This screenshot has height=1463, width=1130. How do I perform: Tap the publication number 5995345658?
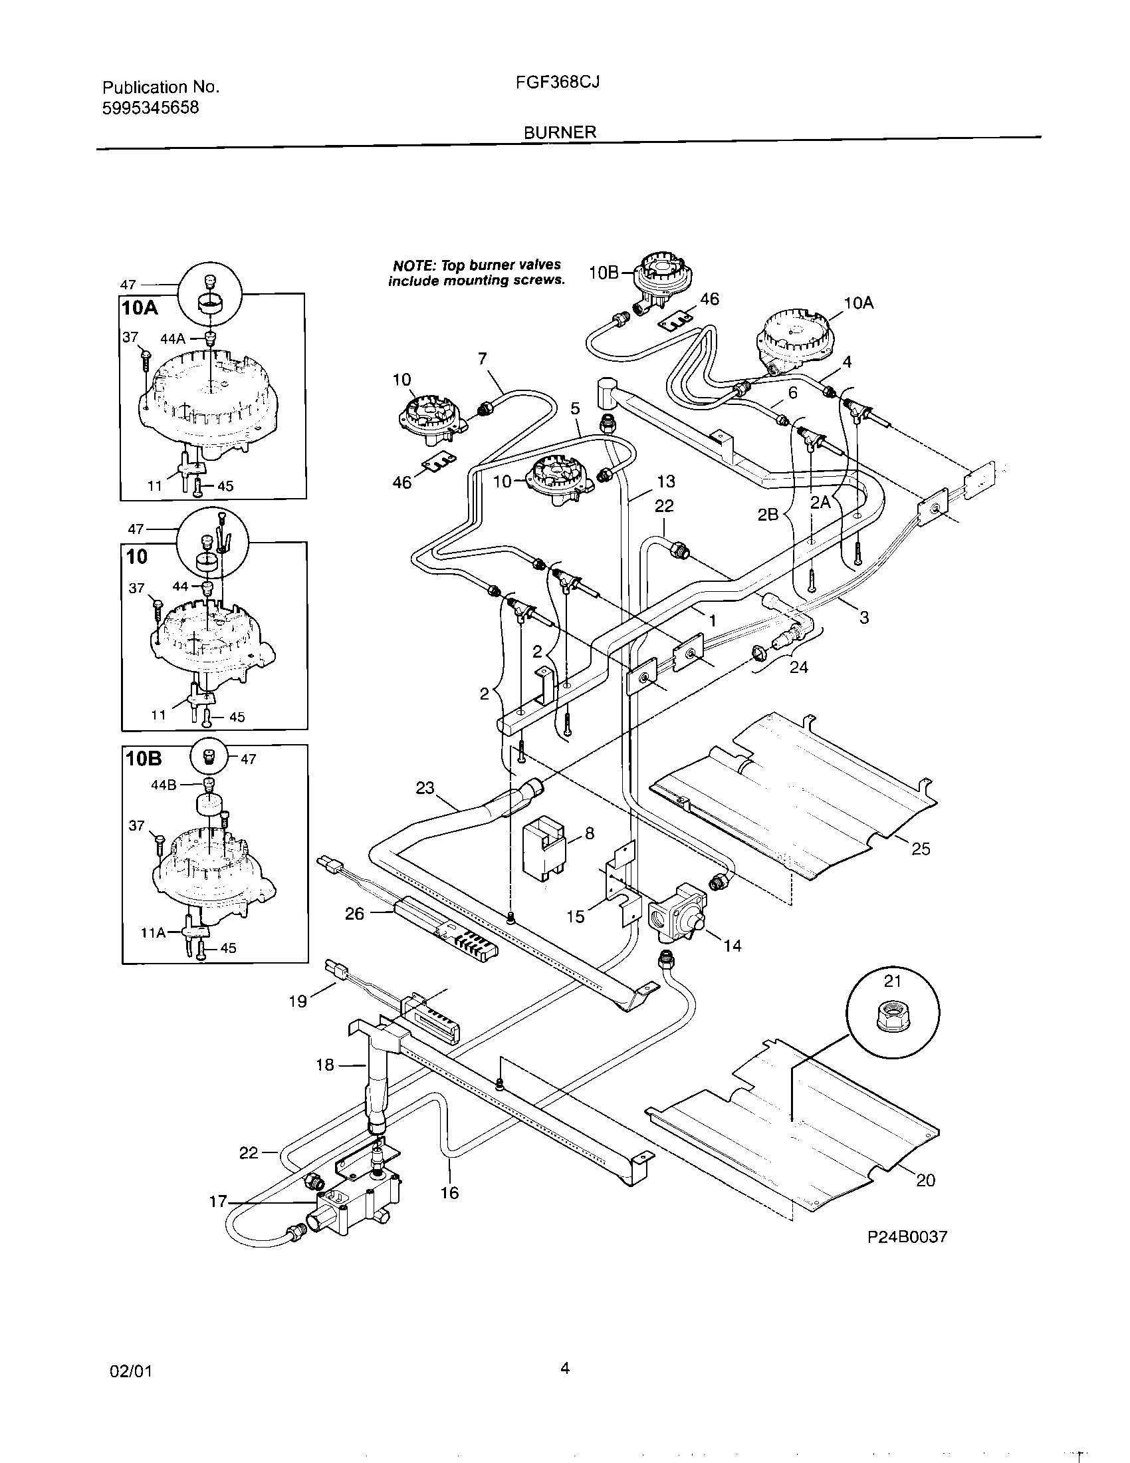[151, 108]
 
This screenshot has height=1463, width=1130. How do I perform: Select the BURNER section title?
[560, 132]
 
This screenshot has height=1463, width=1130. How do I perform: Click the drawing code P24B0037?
[907, 1238]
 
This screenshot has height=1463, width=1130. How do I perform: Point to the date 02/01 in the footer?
[130, 1371]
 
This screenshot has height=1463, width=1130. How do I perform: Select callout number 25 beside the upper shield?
[921, 849]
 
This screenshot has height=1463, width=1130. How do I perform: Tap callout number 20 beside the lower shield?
[925, 1180]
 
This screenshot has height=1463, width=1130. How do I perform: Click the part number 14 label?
[733, 946]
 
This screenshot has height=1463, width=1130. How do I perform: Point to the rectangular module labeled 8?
[543, 848]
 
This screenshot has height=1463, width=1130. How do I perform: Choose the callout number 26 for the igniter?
[354, 913]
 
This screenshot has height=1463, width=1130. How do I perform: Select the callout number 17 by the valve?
[219, 1202]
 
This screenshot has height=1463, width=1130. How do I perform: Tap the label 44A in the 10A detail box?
[172, 339]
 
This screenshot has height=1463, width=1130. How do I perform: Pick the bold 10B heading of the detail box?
[144, 759]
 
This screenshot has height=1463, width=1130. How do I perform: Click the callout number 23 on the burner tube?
[425, 789]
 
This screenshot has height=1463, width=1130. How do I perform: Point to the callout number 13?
[665, 481]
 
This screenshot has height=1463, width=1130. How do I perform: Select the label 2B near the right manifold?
[768, 515]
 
